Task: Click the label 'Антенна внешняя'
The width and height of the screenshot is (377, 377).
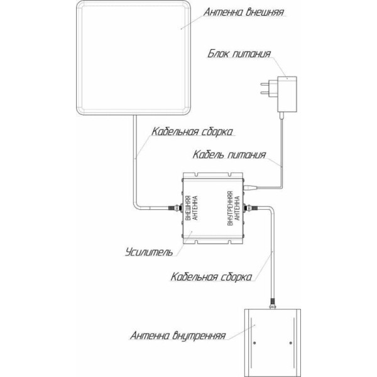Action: [244, 12]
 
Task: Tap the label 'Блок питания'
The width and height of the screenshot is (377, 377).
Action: [239, 53]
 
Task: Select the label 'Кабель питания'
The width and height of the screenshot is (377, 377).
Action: [229, 155]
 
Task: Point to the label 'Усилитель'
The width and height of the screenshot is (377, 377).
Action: [149, 252]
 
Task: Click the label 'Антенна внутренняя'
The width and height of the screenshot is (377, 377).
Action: [178, 336]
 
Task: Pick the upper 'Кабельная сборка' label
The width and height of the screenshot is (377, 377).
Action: [192, 132]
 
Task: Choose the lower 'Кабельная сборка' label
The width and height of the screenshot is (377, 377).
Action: [211, 276]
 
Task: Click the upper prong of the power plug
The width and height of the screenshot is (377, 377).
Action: [265, 84]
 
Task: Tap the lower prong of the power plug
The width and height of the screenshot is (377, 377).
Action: [265, 92]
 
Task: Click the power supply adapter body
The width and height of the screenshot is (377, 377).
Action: [287, 94]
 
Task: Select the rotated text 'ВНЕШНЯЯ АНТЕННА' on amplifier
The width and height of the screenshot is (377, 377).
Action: [192, 208]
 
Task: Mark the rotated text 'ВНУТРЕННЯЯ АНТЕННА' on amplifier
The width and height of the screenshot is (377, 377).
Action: [234, 208]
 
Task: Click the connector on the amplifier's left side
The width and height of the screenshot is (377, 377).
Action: [175, 208]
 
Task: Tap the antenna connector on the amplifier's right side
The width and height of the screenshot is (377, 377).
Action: [251, 208]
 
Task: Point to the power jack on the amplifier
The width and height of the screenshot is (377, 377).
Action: [250, 187]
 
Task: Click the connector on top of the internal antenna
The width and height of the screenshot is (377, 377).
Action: [273, 303]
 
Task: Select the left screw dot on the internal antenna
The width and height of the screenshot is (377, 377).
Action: [254, 342]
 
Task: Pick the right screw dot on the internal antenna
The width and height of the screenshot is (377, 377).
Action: [291, 342]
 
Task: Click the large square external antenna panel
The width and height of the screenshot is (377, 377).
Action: [133, 58]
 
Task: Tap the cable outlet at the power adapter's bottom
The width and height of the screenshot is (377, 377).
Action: [281, 116]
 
